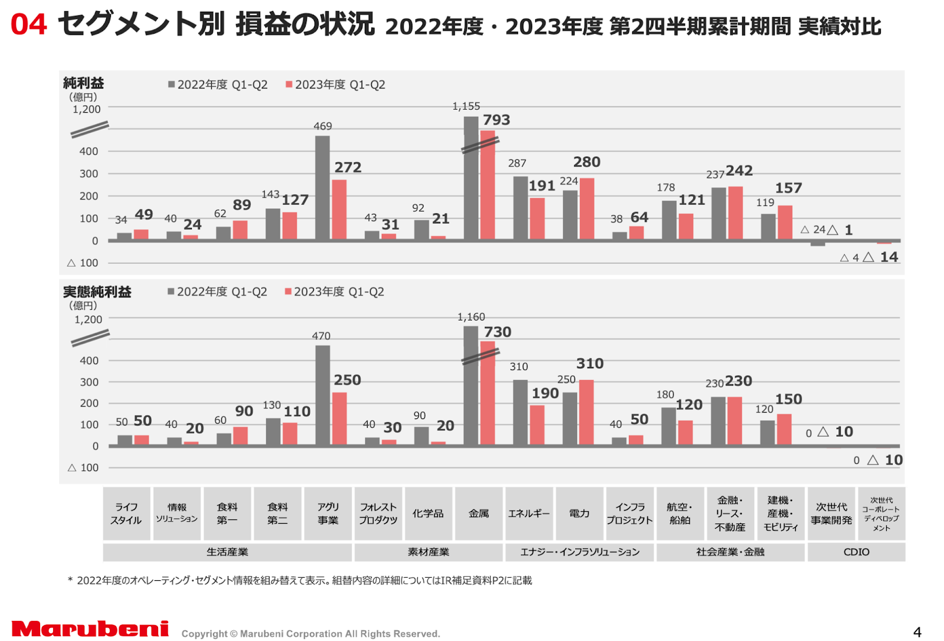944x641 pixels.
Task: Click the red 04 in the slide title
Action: pos(28,25)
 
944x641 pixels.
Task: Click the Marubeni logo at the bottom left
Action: pos(90,629)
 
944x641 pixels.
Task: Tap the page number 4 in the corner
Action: pos(917,632)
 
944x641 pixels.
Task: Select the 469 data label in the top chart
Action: pos(323,126)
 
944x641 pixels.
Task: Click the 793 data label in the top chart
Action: pos(496,120)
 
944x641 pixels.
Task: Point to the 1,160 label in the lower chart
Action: pos(471,318)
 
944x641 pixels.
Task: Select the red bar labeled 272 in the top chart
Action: pos(339,210)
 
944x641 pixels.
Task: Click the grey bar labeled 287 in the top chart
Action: pos(520,208)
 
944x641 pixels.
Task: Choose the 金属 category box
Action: pos(478,514)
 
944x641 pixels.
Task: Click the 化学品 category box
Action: pos(428,514)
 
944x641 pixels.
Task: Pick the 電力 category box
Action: pos(579,514)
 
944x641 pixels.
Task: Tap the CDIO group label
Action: pos(856,552)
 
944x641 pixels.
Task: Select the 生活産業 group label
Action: pos(227,552)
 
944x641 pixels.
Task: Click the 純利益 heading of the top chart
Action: pos(83,83)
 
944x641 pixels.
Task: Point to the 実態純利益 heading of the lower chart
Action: pos(97,292)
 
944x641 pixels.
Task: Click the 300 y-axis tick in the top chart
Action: pos(89,174)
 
